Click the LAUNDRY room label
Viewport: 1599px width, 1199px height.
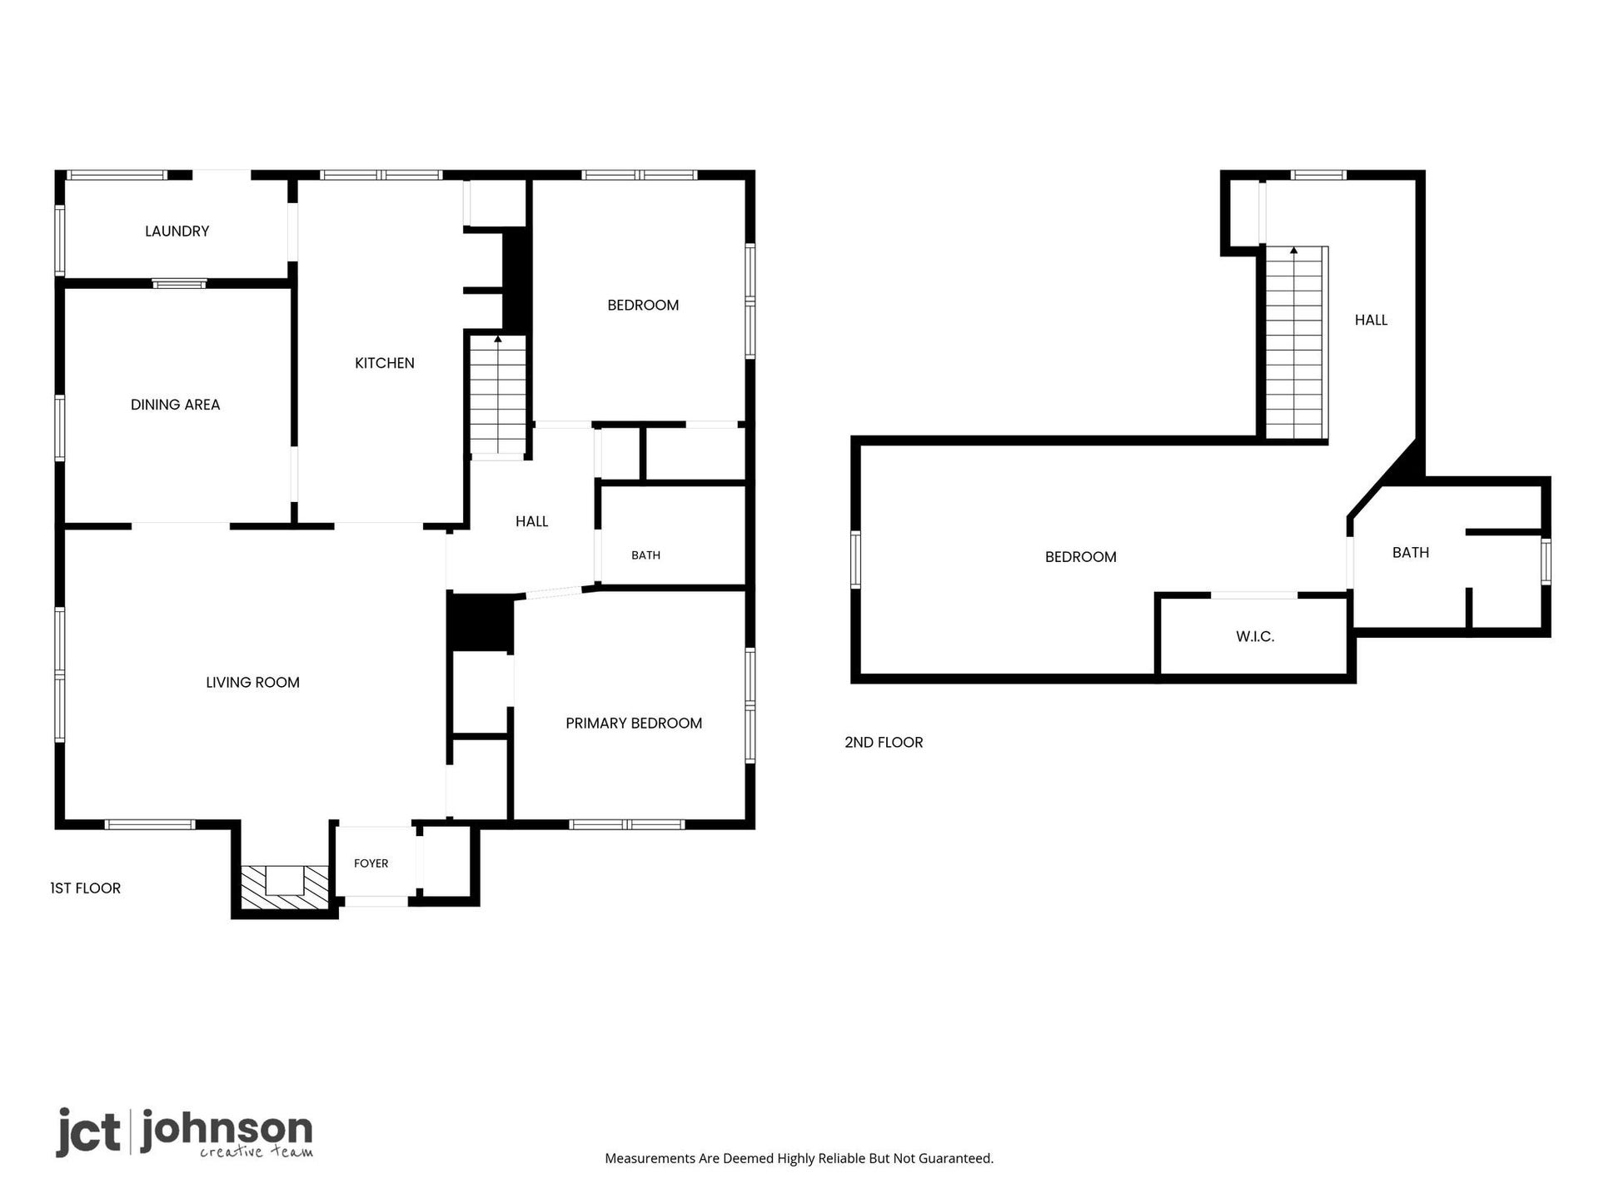[x=177, y=231]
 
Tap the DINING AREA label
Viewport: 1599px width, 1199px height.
[x=175, y=405]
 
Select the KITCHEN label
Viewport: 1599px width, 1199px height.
[x=384, y=363]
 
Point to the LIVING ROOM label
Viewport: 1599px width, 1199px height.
[x=252, y=683]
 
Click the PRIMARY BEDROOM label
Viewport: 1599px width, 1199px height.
[x=634, y=724]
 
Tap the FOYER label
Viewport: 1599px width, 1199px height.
[x=371, y=863]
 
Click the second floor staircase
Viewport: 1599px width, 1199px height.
[x=1294, y=343]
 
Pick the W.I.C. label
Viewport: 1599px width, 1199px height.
[x=1255, y=637]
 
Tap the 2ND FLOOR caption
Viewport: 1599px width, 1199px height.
[x=884, y=743]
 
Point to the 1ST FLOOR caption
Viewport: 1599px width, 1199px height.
[x=85, y=888]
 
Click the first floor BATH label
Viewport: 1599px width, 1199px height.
[x=645, y=555]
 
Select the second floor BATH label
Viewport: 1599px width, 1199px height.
[x=1411, y=553]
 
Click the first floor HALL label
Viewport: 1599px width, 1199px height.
[x=531, y=522]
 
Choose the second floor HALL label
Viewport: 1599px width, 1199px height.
[x=1371, y=321]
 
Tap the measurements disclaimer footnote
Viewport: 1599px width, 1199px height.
[x=799, y=1158]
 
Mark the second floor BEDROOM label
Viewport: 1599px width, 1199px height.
[x=1080, y=557]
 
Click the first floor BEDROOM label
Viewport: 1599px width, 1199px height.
[x=643, y=306]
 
